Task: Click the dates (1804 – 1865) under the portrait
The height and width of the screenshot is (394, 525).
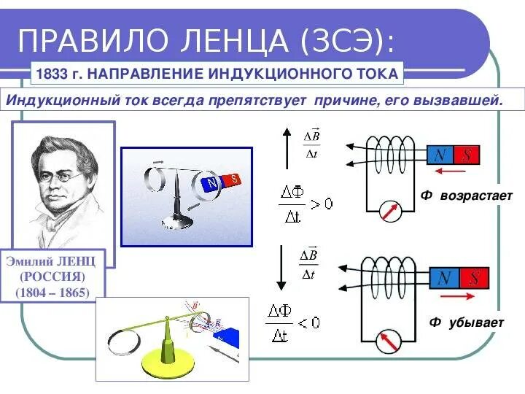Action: pos(53,293)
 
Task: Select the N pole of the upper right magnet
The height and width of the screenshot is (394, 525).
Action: pos(441,155)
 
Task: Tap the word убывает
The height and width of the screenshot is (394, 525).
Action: pos(474,322)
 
